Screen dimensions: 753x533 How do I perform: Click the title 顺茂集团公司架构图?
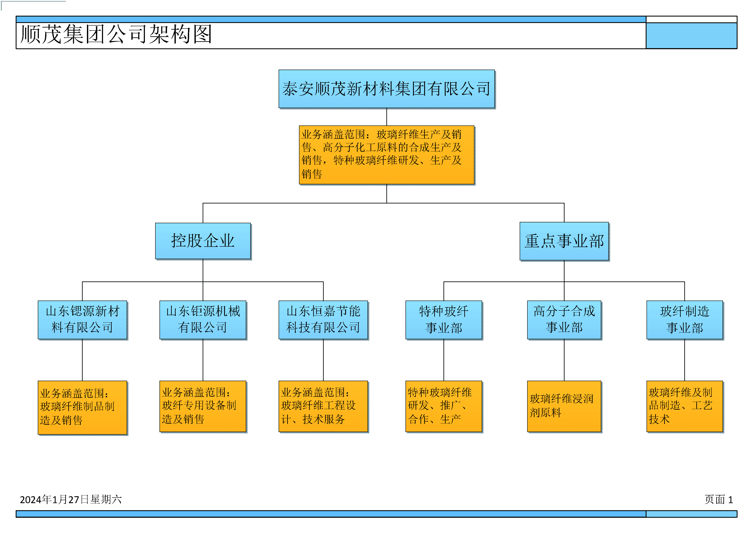coord(116,34)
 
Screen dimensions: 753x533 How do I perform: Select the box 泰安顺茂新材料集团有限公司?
coord(387,89)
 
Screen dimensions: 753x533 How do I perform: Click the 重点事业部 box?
coord(564,241)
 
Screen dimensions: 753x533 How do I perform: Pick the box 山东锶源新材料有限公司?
coord(82,320)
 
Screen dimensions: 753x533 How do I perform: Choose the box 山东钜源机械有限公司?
coord(203,320)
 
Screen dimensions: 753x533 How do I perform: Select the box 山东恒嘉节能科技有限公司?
coord(323,320)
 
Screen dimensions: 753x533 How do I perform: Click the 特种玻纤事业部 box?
coord(444,320)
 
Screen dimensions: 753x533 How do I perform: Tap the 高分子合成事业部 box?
coord(564,320)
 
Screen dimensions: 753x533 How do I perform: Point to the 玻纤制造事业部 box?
coord(685,320)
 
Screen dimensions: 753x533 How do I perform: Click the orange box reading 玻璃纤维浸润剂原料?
coord(564,406)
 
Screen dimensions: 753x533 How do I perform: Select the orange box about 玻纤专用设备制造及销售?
coord(203,406)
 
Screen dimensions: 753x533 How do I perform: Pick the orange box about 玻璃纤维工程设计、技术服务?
coord(323,406)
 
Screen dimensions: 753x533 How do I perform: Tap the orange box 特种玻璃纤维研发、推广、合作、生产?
coord(444,406)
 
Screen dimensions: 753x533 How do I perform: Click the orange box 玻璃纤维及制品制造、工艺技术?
coord(685,406)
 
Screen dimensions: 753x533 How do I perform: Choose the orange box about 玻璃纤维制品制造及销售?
coord(82,408)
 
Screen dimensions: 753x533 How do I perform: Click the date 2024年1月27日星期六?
coord(71,499)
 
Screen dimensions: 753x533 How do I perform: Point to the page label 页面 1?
coord(719,499)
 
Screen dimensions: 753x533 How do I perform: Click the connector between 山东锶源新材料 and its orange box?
coord(82,360)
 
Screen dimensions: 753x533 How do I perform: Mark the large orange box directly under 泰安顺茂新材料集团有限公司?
coord(387,155)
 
